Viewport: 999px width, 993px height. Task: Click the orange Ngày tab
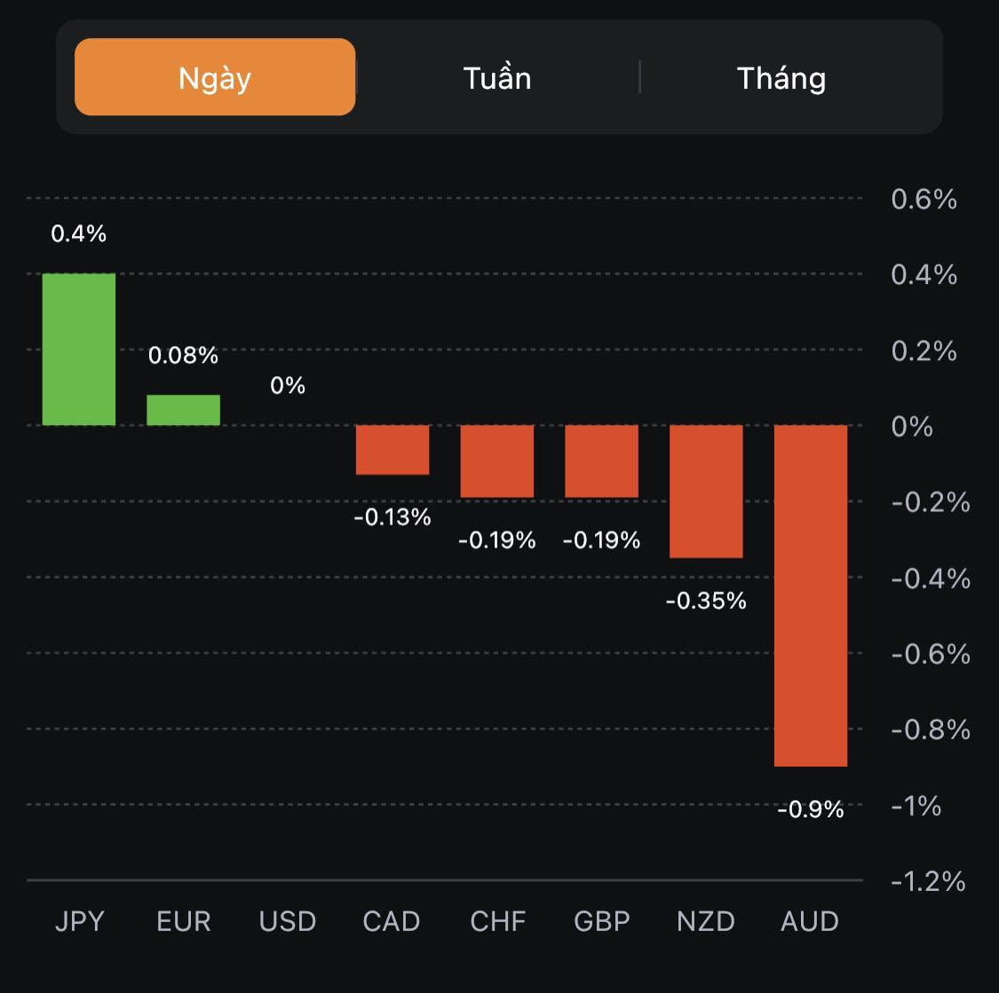click(x=215, y=77)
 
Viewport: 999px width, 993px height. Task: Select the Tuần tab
click(x=497, y=78)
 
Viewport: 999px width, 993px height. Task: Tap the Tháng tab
click(x=781, y=78)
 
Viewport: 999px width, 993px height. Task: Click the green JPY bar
click(x=79, y=349)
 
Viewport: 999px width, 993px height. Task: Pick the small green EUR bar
click(x=183, y=410)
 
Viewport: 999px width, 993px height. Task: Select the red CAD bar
click(x=392, y=450)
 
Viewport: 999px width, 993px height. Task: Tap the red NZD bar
click(x=706, y=491)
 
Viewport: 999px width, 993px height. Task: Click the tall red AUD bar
click(x=811, y=595)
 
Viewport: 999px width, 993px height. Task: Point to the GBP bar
click(x=602, y=461)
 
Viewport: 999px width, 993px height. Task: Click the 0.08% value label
click(x=183, y=355)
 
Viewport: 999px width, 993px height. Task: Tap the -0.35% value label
click(x=706, y=601)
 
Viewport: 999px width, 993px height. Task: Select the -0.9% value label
click(x=811, y=809)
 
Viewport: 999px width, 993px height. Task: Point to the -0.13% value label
click(x=392, y=516)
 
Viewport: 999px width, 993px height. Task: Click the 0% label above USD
click(x=288, y=385)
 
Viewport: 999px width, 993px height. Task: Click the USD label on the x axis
click(x=288, y=921)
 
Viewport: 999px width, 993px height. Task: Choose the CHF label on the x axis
click(x=497, y=921)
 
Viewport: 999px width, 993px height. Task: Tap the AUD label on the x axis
click(x=810, y=921)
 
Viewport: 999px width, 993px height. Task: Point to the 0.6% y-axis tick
click(x=924, y=199)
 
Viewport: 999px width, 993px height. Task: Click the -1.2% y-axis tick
click(x=928, y=881)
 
